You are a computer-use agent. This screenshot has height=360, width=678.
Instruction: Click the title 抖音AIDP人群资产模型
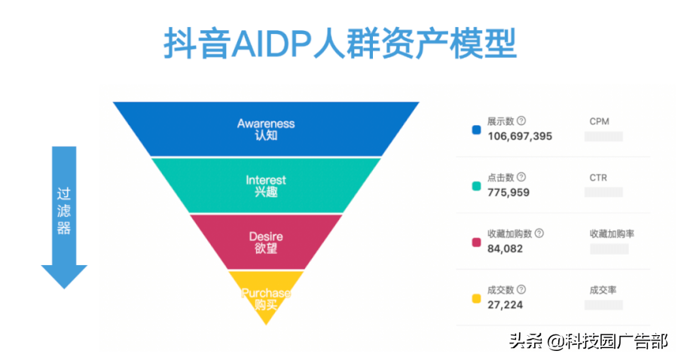340,44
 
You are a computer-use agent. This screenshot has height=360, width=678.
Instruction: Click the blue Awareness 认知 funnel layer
266,129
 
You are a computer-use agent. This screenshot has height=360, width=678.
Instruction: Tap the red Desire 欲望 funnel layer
266,242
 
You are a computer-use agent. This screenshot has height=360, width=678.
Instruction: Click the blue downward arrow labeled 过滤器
64,215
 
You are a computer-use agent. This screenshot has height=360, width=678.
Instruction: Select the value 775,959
508,193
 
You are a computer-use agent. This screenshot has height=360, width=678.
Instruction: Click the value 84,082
505,249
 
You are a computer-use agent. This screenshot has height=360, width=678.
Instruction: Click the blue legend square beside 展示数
476,130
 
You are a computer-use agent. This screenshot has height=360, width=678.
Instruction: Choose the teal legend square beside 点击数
476,186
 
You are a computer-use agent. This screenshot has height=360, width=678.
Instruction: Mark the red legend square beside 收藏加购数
476,242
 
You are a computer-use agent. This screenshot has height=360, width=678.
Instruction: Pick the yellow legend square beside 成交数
476,298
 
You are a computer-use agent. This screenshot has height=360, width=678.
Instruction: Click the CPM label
599,121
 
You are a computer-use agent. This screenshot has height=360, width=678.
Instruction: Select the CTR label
598,178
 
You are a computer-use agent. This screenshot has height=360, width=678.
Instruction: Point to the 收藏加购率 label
612,233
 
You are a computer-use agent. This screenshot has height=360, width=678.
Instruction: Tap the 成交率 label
603,290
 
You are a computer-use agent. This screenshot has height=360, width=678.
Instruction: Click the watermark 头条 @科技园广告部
588,341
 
